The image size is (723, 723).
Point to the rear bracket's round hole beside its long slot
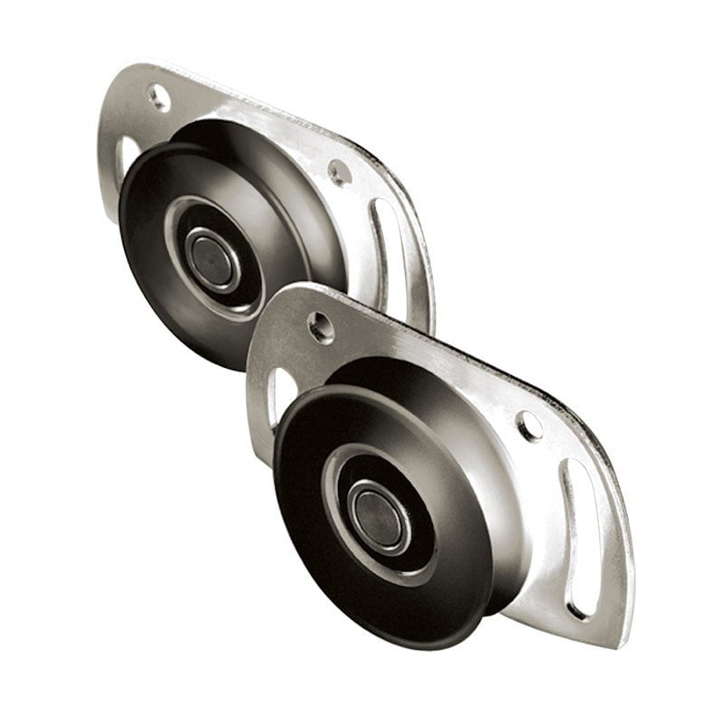click(x=339, y=172)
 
